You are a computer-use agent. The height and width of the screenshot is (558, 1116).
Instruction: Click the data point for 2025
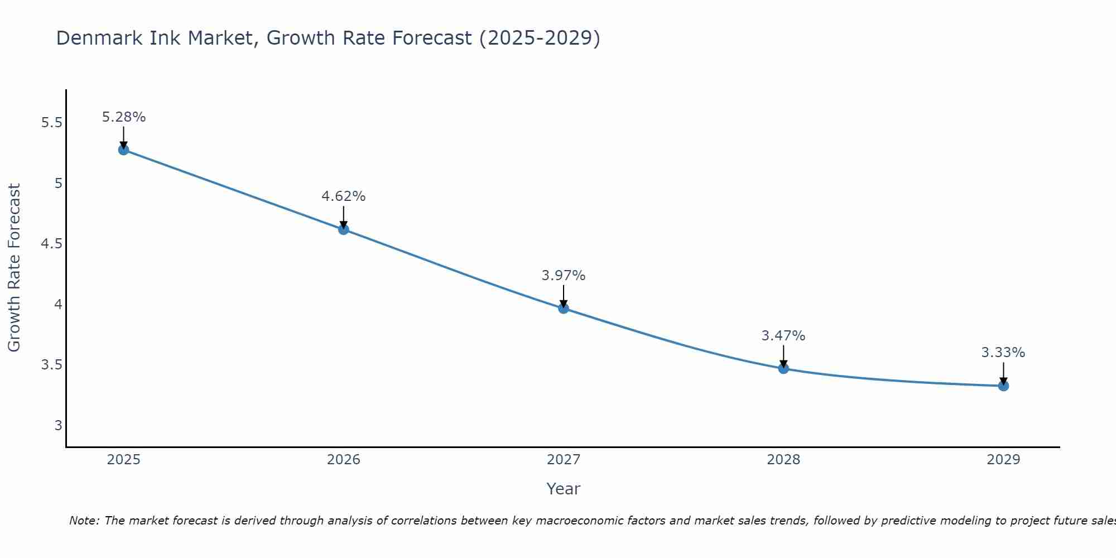[x=123, y=150]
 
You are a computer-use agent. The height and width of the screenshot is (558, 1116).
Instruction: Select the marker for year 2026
[x=343, y=229]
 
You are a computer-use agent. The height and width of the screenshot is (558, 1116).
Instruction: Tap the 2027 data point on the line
[x=564, y=308]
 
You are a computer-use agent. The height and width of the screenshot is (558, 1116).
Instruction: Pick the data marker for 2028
[x=783, y=368]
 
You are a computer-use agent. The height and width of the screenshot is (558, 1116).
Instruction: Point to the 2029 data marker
[x=1003, y=386]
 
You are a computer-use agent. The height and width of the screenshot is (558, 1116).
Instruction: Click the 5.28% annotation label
[x=123, y=117]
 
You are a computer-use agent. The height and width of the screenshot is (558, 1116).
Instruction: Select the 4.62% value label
[x=343, y=196]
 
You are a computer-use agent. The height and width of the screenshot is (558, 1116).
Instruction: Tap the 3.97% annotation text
[x=564, y=276]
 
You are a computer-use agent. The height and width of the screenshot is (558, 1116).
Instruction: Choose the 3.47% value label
[x=783, y=336]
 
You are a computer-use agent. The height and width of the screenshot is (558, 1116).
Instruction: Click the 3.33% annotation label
[x=1003, y=353]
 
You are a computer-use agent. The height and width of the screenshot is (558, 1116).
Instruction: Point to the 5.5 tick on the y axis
[x=51, y=123]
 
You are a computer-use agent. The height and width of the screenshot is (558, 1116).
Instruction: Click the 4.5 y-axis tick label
[x=51, y=244]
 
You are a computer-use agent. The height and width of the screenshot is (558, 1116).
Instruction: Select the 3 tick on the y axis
[x=58, y=426]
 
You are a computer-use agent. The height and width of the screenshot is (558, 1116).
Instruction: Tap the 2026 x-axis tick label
[x=343, y=460]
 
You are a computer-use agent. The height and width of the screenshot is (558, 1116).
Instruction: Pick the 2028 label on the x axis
[x=783, y=460]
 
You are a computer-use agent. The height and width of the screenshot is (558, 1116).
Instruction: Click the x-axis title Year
[x=564, y=489]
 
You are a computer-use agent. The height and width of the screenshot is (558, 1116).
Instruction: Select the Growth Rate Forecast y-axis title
[x=15, y=268]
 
